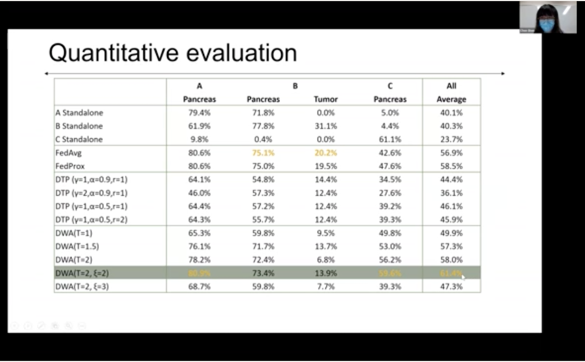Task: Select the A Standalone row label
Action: [x=79, y=113]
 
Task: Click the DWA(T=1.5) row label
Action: [x=77, y=246]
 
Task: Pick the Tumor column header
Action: [x=326, y=99]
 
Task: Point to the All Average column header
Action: [x=451, y=93]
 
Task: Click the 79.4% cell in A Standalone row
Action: [x=199, y=113]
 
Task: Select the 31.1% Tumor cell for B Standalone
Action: [x=326, y=126]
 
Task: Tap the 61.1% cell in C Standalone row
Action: [x=390, y=139]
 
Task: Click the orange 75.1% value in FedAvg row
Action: [x=262, y=153]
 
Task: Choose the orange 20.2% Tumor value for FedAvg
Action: [x=326, y=153]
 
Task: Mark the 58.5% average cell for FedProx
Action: [x=451, y=166]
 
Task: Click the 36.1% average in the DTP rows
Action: [x=451, y=193]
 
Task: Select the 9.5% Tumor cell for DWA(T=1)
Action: [x=326, y=233]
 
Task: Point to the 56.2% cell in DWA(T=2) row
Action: [x=390, y=260]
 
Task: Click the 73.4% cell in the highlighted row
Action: [x=262, y=273]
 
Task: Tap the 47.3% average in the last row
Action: [x=451, y=287]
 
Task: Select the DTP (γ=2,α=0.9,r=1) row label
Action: [x=91, y=193]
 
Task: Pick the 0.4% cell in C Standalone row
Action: [x=262, y=139]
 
